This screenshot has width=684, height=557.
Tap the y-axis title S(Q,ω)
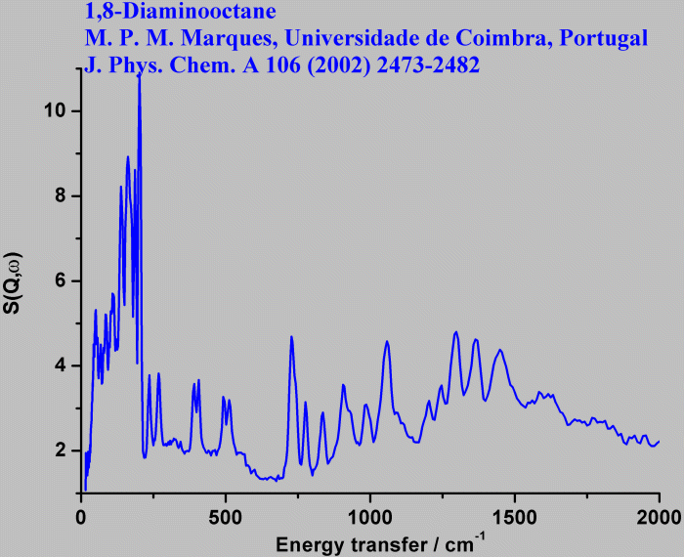(x=15, y=284)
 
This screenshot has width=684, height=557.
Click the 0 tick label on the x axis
(x=81, y=515)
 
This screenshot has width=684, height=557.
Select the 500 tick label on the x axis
(x=226, y=515)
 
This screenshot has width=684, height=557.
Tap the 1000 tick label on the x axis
(x=370, y=515)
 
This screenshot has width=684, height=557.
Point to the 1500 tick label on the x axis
(x=514, y=515)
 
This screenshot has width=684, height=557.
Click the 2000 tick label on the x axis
(x=659, y=515)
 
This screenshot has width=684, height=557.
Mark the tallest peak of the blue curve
(x=139, y=76)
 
